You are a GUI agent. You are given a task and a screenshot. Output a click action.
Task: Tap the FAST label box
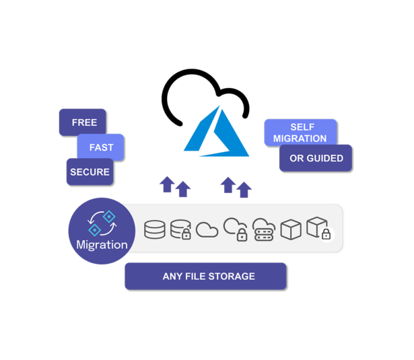coord(101,147)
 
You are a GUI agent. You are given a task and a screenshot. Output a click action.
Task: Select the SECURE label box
coord(90,172)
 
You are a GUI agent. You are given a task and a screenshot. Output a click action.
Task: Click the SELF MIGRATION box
coord(300,132)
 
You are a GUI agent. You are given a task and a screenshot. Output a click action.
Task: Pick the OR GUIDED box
coord(316,158)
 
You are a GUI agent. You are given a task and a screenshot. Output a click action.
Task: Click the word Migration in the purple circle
coord(102,244)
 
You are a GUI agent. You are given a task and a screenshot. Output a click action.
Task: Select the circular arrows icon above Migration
coord(101,222)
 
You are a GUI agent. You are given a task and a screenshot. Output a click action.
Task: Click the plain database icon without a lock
coord(155,230)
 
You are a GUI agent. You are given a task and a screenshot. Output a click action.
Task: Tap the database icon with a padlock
coord(181,230)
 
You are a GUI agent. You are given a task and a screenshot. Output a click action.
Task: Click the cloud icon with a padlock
coord(235,229)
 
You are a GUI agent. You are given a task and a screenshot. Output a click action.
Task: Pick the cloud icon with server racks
coord(263,229)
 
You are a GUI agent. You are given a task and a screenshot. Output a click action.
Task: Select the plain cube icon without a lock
coord(290,229)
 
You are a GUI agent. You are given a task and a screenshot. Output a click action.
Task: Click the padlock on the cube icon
coord(326,234)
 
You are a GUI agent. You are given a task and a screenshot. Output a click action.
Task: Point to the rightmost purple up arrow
coord(244,189)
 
